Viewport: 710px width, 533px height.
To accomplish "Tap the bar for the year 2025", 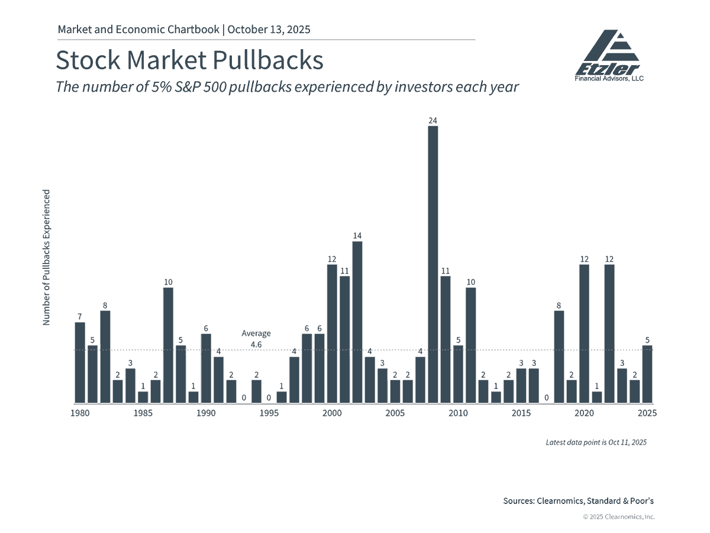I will coord(647,374).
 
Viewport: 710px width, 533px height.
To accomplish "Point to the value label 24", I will coord(433,121).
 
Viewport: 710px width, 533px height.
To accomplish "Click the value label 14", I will coord(357,236).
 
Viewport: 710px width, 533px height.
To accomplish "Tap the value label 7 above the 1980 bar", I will coord(80,317).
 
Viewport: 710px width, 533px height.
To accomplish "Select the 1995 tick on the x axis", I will coord(269,413).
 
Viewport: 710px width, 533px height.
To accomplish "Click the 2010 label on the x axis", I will coord(458,413).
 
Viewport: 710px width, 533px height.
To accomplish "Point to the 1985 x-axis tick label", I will coord(143,413).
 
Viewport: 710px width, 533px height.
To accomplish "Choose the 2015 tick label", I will coord(521,413).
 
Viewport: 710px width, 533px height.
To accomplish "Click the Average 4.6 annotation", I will coord(256,338).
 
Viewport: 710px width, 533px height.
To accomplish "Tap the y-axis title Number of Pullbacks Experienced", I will coord(46,257).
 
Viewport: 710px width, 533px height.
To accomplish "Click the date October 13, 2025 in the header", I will coord(269,29).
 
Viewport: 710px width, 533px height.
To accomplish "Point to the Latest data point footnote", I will coord(596,442).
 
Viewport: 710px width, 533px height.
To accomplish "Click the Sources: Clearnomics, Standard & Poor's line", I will coord(578,501).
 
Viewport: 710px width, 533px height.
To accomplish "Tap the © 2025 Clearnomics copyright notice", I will coord(619,517).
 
